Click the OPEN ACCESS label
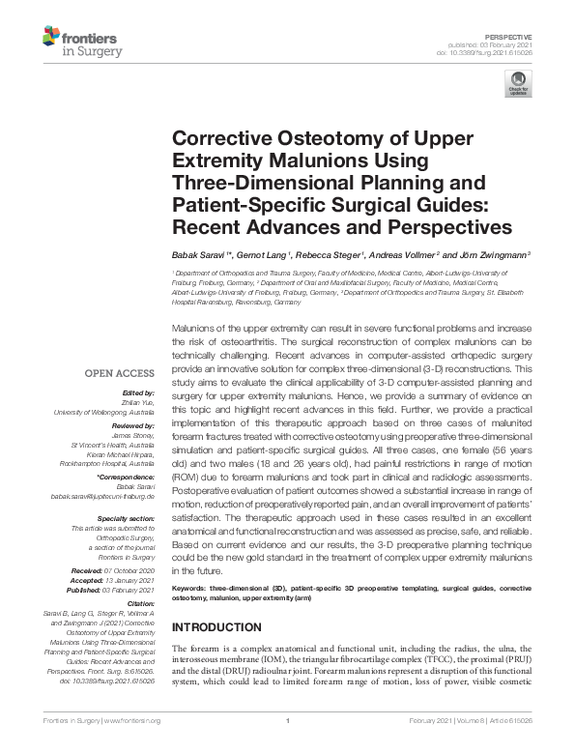pos(118,373)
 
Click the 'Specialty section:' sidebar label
pos(125,519)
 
